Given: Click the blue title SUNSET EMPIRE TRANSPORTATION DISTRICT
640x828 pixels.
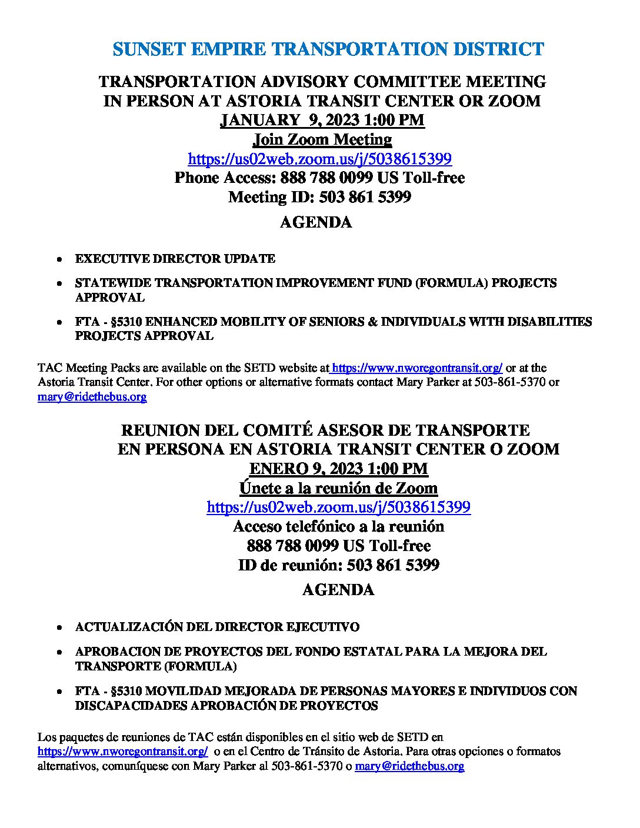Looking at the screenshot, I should click(328, 49).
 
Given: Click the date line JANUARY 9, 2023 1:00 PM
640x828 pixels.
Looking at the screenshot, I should click(322, 121).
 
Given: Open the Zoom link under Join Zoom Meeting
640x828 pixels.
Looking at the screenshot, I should click(319, 159).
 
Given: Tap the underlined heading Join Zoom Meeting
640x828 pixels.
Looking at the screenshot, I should click(322, 140).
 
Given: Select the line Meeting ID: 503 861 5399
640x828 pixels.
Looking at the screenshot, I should click(319, 197).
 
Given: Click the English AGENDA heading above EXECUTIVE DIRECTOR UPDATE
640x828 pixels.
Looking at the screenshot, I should click(315, 222).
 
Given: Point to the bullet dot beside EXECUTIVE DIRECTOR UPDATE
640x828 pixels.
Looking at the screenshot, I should click(59, 259).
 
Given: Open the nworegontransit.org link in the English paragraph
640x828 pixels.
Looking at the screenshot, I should click(417, 368).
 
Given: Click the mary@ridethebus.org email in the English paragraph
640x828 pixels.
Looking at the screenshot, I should click(92, 397).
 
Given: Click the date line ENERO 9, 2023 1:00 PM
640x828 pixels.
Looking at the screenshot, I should click(338, 469).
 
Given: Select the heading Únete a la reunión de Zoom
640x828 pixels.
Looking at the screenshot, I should click(338, 489).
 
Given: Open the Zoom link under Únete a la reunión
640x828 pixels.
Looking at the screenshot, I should click(338, 508).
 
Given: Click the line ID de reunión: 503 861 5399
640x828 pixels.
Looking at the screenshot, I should click(338, 566).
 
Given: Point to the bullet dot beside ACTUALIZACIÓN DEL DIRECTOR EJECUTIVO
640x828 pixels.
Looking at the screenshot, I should click(59, 628).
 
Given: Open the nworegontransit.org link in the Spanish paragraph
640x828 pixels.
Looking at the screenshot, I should click(122, 752).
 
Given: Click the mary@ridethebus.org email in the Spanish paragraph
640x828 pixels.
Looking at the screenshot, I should click(409, 766).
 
